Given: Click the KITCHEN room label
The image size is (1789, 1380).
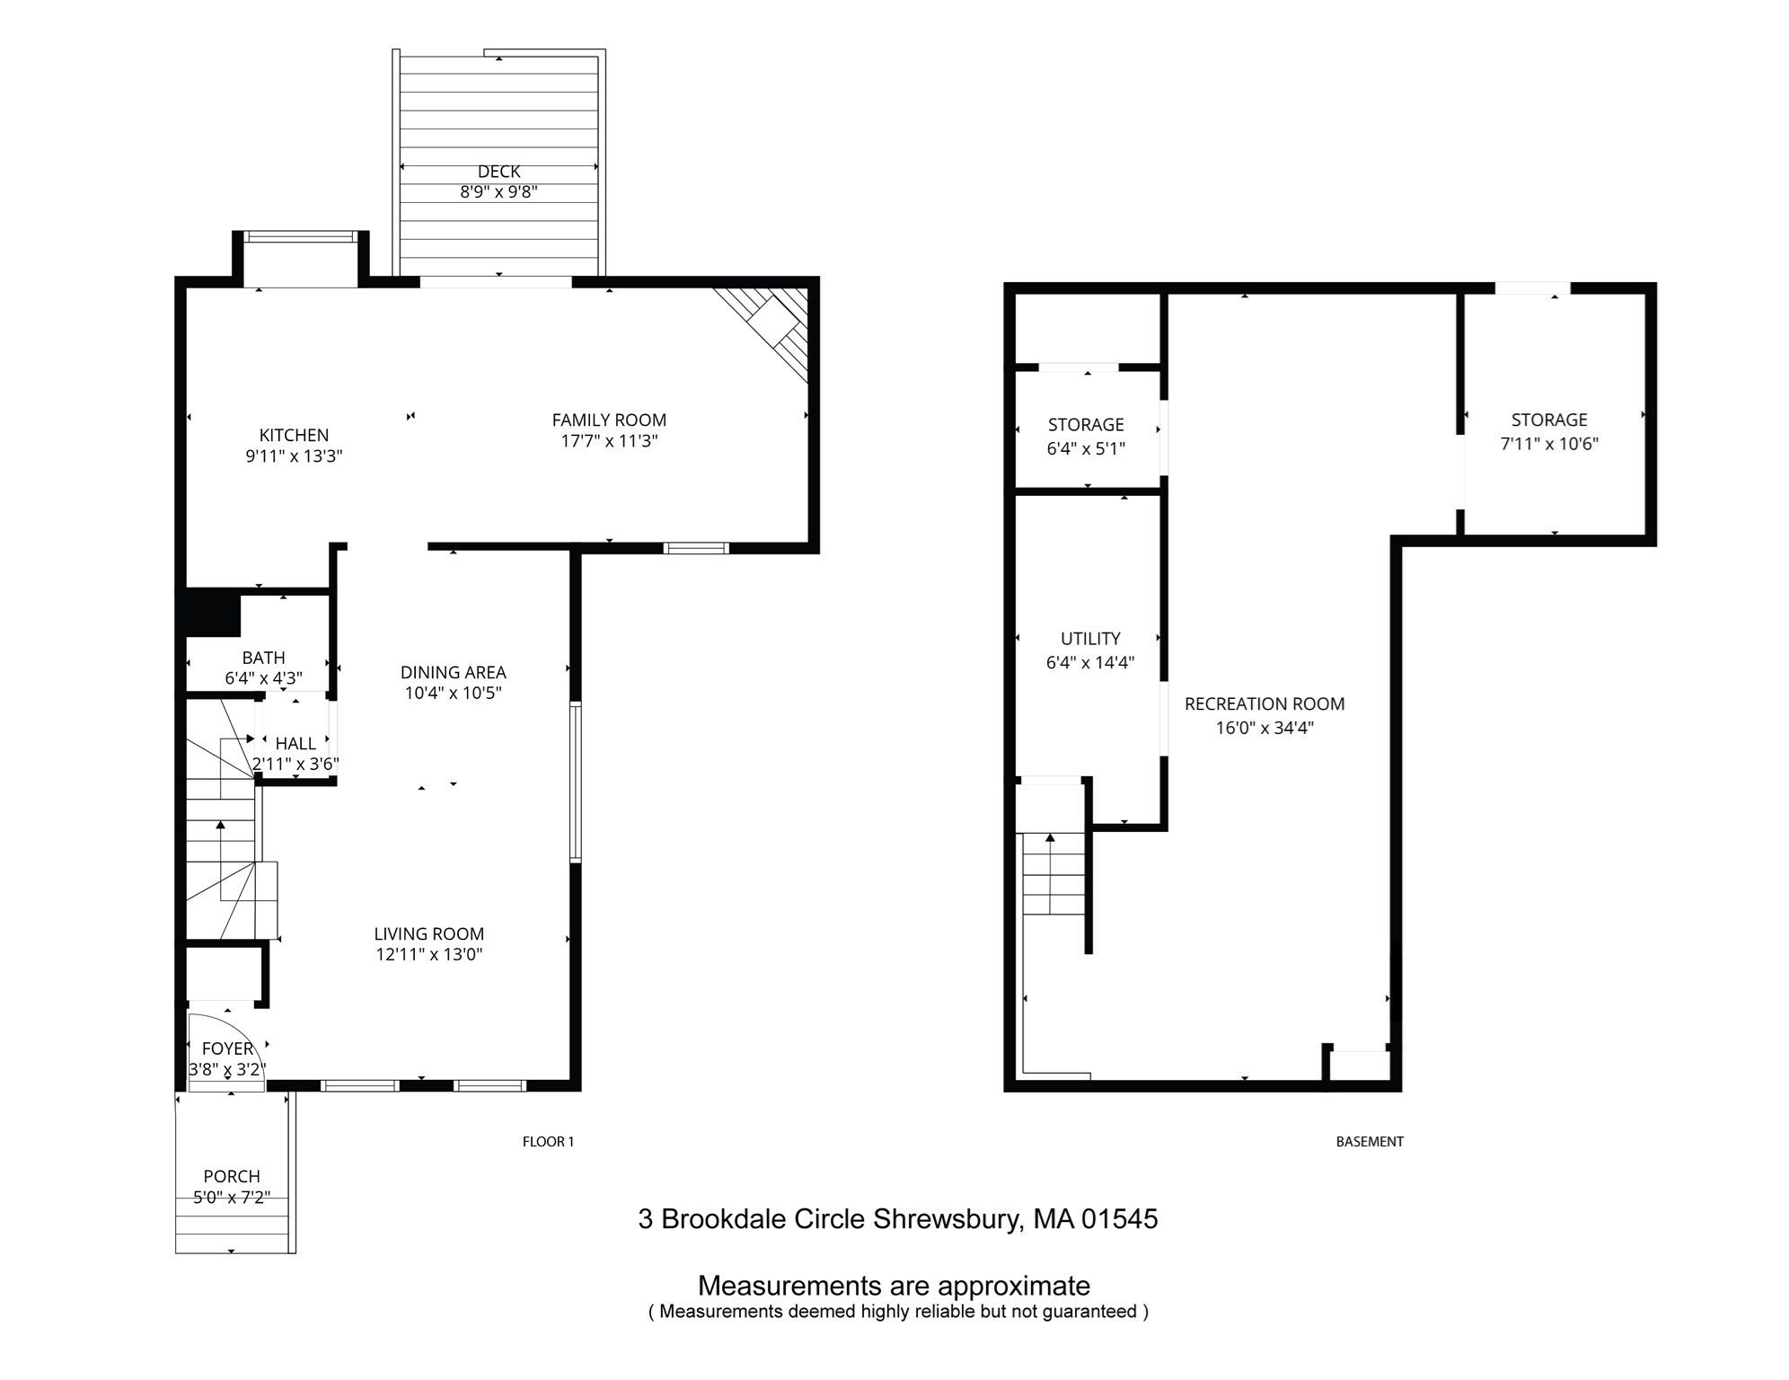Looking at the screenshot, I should pos(294,435).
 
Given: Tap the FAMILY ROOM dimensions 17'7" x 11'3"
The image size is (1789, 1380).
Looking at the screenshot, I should pos(608,441).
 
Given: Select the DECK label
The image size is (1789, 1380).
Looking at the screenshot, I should pos(498,171).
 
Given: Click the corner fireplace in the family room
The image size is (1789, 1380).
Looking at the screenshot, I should pos(773,323).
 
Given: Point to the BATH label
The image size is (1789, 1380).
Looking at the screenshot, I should pos(263,658).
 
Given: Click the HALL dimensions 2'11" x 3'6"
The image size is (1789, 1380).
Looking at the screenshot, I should pos(295,765).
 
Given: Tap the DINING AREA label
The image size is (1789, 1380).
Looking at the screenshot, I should pos(453,672).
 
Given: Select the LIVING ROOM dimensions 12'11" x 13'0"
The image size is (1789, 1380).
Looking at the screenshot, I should pos(428,954).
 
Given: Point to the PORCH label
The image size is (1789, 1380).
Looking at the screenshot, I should pos(232,1176).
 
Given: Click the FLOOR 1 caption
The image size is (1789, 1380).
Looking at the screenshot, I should pos(548,1142).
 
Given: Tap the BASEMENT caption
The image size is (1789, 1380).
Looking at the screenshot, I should pos(1369,1142).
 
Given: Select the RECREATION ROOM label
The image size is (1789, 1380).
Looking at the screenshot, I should pos(1264,704).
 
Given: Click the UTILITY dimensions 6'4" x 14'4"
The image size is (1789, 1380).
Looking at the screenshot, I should pos(1089,663).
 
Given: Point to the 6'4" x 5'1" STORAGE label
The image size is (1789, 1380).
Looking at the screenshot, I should pos(1085,424).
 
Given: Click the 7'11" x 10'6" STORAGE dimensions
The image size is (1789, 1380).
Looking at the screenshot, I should pos(1548,444).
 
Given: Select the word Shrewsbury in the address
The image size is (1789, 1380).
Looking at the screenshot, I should pos(947,1219).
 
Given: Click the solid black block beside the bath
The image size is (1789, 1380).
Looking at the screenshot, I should pos(213,612).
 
